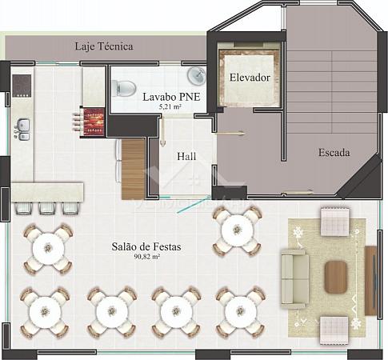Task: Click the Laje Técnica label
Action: (104, 46)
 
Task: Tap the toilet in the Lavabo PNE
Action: (122, 88)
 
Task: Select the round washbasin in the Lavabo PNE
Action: (197, 76)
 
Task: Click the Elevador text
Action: (250, 78)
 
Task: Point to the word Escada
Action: (334, 153)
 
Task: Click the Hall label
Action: (186, 156)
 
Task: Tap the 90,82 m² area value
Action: (146, 257)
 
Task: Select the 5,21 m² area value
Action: (170, 107)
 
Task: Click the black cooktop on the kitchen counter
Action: (22, 86)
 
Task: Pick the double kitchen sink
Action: (23, 130)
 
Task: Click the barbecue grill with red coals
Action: (94, 122)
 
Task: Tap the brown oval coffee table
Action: (336, 277)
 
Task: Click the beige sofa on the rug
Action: (295, 278)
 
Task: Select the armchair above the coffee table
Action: (334, 222)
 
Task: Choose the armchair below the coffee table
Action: (334, 330)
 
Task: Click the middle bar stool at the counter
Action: (47, 208)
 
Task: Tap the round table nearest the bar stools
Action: (48, 249)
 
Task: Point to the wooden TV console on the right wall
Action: (370, 281)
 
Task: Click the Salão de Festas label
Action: (146, 246)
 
